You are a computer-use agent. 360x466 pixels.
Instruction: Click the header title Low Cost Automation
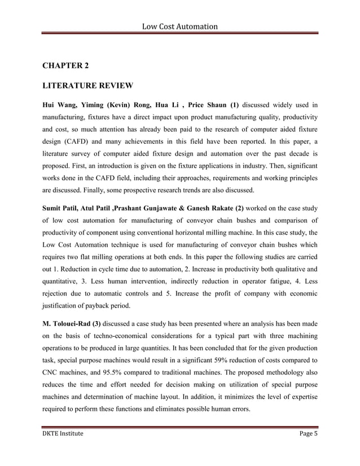click(179, 26)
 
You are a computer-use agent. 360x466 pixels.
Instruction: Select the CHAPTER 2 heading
click(66, 66)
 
